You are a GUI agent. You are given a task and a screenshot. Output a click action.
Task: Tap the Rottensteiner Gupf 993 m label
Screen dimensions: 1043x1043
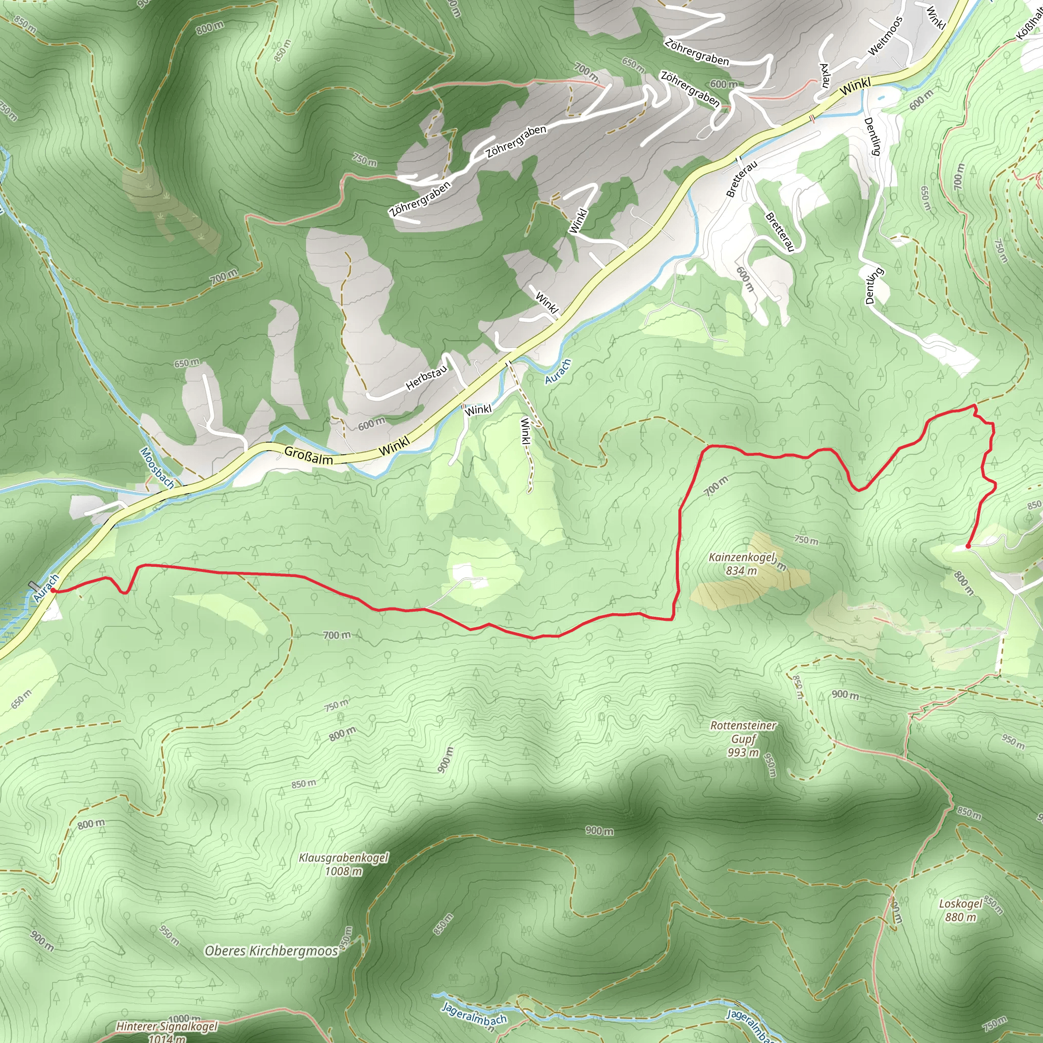coord(743,738)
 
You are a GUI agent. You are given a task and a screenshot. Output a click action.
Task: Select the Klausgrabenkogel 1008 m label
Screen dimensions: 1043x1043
coord(343,864)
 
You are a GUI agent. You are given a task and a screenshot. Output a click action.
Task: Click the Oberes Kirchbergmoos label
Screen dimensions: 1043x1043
coord(271,951)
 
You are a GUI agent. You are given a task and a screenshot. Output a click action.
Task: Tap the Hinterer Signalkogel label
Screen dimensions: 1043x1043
coord(168,1026)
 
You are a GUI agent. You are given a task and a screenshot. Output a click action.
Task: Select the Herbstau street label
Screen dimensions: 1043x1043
coord(426,377)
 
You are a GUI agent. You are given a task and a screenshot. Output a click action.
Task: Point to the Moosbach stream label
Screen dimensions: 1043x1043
coord(157,468)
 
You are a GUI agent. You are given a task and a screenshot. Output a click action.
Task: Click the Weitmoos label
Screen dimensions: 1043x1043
coord(885,36)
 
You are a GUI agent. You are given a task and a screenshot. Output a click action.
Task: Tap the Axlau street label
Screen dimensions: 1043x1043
coord(825,75)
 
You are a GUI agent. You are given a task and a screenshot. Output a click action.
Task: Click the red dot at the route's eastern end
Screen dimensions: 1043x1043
coord(968,547)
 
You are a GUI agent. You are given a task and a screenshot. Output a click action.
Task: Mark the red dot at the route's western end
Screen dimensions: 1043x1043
coord(53,591)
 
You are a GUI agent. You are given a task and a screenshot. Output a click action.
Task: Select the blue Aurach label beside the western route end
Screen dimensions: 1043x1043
coord(46,588)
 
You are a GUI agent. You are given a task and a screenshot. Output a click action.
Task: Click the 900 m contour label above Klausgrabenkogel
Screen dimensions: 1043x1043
coord(599,830)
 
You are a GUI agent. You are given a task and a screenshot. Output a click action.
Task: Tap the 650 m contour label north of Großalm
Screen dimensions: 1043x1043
coord(186,363)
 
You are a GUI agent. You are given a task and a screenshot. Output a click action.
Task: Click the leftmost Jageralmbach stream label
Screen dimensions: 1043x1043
coord(474,1013)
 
